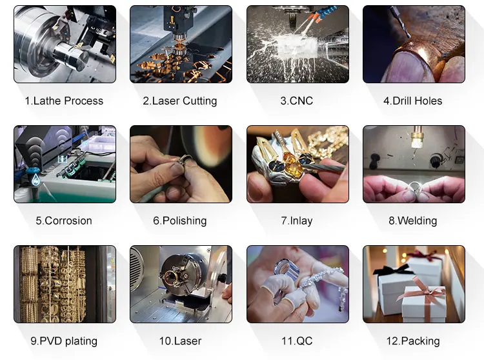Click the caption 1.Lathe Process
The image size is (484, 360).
coord(64,101)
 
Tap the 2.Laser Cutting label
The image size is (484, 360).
coord(180,101)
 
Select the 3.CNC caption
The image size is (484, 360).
coord(297,101)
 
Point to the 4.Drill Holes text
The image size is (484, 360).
coord(413,101)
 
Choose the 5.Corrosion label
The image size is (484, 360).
coord(64,221)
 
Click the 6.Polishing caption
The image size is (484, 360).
coord(180,221)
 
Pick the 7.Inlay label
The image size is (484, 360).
coord(297,221)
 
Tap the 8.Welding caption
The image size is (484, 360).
coord(413,221)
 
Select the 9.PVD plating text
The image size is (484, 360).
coord(64,341)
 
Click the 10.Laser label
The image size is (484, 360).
coord(180,341)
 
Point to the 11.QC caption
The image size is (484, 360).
coord(297,341)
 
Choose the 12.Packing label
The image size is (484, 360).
coord(413,341)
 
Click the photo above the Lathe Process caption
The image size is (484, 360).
coord(65,44)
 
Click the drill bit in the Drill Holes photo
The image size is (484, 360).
coord(400,22)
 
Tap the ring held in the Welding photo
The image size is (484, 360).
coord(414,188)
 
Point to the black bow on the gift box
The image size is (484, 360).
coord(392,270)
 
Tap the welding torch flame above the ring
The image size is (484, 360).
coord(414,143)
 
